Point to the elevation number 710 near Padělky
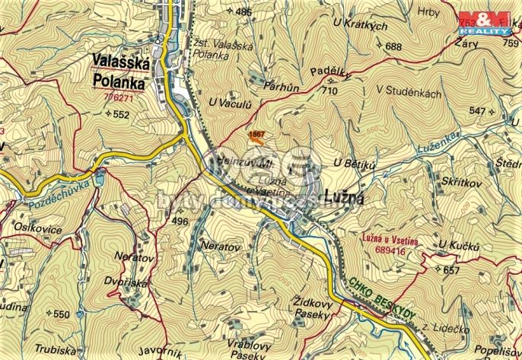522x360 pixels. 329,91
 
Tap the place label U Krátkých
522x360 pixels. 360,26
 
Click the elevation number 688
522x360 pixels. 393,46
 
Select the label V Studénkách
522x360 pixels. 409,90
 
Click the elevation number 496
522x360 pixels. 180,221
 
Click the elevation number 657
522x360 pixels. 452,270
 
